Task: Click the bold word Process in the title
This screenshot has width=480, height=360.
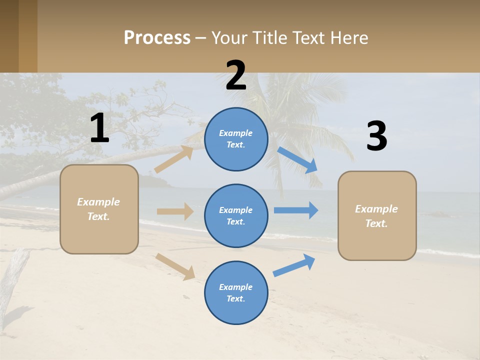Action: [157, 38]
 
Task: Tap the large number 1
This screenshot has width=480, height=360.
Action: [99, 128]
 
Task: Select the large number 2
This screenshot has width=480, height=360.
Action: [236, 75]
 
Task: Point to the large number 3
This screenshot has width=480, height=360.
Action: [376, 136]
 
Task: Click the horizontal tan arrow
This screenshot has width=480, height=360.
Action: [175, 211]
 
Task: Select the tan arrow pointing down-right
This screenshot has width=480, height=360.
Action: [175, 266]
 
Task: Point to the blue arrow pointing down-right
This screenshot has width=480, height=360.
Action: [297, 160]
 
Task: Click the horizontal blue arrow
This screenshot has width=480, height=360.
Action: [295, 210]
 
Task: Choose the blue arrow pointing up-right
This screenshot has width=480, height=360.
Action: [294, 265]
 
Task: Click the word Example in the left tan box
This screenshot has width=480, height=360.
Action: [98, 202]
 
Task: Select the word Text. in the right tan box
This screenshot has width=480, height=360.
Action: [376, 223]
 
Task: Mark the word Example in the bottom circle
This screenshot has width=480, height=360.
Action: [235, 287]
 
